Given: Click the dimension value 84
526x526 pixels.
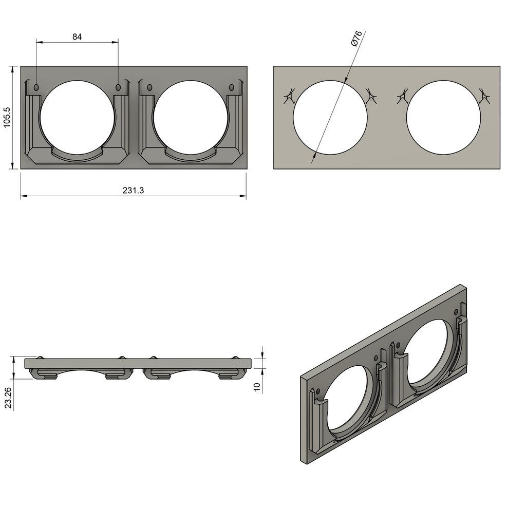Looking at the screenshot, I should (77, 36).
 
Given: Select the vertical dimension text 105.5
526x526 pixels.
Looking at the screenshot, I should (7, 118).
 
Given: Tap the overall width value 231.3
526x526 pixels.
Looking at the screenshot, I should (134, 190).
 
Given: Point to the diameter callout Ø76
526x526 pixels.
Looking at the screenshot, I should (356, 39).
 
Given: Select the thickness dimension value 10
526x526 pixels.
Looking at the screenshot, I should (257, 386).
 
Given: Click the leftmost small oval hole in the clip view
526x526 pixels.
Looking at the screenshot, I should (36, 88).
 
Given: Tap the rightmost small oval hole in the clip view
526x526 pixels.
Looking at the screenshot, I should (231, 88).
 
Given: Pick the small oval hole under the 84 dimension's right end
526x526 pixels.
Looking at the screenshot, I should (118, 88).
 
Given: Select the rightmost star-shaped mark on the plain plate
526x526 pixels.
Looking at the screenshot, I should (483, 96).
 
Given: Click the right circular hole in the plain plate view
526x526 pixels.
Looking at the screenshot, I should (443, 117).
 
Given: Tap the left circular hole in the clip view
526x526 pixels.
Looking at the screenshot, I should (77, 117).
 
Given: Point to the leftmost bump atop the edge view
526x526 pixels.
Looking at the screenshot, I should (40, 357).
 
